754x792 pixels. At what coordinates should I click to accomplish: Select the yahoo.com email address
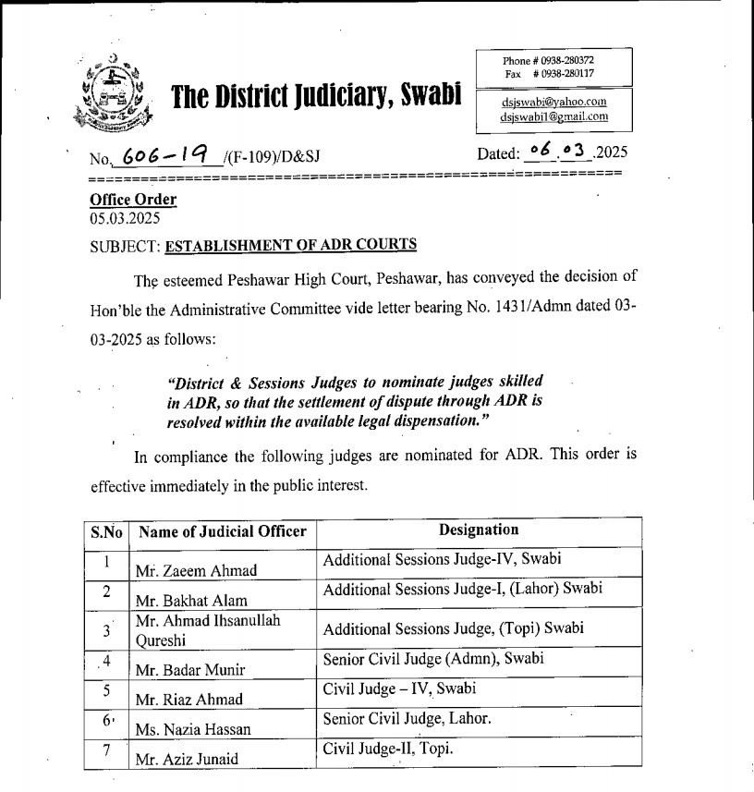pos(553,102)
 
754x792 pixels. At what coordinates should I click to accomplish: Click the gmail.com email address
pos(553,116)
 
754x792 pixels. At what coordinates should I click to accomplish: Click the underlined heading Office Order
pos(133,200)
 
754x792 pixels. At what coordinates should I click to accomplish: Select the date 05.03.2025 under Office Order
pos(125,219)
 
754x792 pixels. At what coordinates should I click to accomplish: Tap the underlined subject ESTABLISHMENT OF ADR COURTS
pos(290,245)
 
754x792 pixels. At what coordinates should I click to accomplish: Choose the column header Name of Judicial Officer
pos(222,532)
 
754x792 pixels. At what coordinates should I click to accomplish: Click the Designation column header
pos(478,530)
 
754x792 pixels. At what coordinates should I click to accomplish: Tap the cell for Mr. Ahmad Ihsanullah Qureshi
pos(207,628)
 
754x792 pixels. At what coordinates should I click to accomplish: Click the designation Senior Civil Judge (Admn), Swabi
pos(433,659)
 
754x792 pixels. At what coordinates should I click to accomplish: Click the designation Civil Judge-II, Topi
pos(388,749)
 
